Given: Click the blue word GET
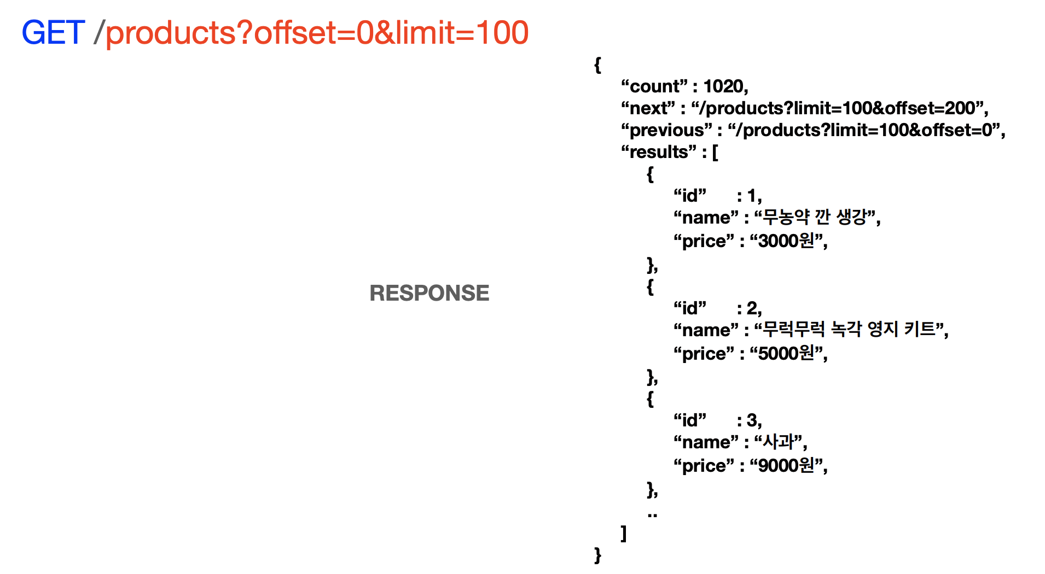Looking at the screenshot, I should (53, 33).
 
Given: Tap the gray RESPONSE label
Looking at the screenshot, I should (429, 293).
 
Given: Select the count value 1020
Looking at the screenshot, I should (723, 86).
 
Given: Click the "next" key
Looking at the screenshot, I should (648, 108).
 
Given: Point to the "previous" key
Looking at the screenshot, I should (666, 130).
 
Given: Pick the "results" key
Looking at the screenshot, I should (659, 152).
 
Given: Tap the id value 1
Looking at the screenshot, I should (752, 196).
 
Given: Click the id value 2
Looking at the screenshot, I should (753, 308).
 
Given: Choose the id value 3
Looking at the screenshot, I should (753, 420).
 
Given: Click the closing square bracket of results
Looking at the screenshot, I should (624, 533).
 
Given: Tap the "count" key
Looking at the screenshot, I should (654, 86).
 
